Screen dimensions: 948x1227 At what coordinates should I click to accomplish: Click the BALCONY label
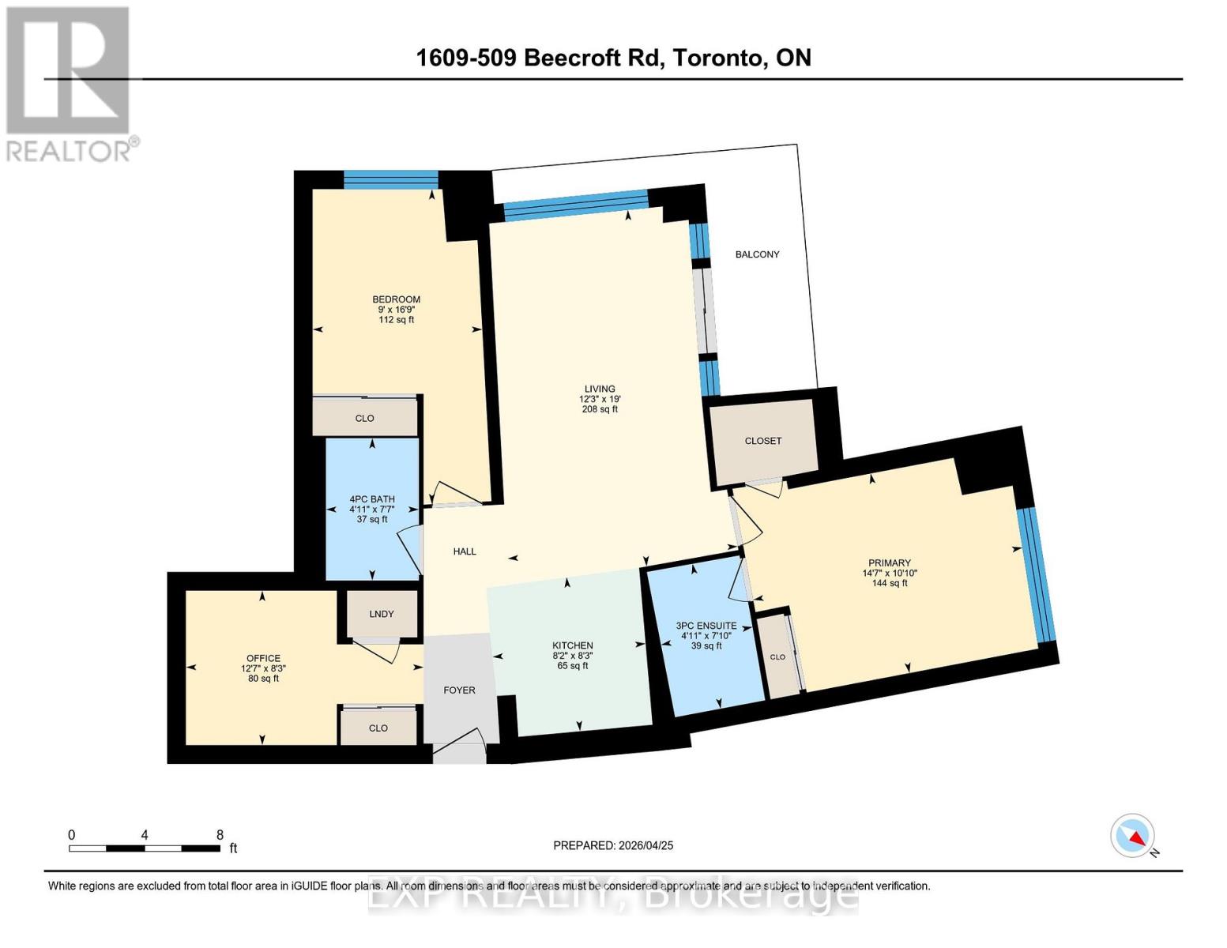click(757, 254)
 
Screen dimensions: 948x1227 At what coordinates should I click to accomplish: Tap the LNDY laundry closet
click(381, 614)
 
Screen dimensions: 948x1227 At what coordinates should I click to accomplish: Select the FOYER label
click(459, 690)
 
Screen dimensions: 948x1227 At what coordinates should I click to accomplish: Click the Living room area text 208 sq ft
click(600, 409)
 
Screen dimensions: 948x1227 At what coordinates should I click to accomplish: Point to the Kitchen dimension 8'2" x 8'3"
click(572, 656)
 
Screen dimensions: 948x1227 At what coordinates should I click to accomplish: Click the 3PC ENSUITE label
click(706, 626)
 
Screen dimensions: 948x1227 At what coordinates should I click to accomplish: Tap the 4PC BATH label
click(372, 499)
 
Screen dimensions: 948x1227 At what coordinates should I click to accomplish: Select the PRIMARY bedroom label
click(889, 563)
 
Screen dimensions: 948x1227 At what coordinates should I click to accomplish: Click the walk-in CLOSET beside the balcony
click(762, 441)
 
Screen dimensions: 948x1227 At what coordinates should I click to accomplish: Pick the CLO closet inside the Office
click(378, 728)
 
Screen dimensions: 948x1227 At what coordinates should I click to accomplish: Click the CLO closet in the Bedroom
click(364, 418)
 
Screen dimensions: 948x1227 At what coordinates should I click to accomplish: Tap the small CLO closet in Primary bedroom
click(778, 656)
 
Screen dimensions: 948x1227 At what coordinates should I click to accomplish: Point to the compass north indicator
click(1134, 837)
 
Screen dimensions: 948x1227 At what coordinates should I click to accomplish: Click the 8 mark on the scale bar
click(220, 835)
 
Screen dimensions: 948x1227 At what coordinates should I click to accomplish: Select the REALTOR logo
click(70, 84)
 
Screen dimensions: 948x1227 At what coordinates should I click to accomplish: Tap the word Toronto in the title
click(717, 58)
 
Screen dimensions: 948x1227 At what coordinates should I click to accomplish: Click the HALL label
click(465, 551)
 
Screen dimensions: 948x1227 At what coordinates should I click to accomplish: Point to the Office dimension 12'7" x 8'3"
click(263, 668)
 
